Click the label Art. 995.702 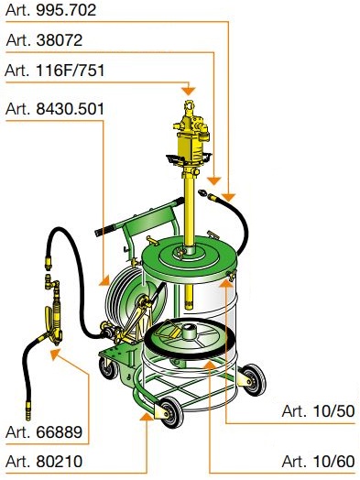[x=50, y=10]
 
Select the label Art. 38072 [x=44, y=40]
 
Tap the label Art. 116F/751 [x=55, y=71]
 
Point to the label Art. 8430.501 [x=55, y=109]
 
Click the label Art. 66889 [x=44, y=432]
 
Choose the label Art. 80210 [x=44, y=462]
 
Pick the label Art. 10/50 [x=318, y=411]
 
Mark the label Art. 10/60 [x=319, y=462]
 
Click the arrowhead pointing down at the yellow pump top [x=189, y=91]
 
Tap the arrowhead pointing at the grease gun [x=55, y=355]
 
